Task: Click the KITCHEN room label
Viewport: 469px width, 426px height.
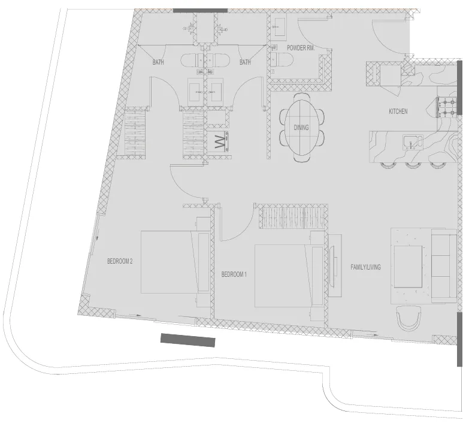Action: click(x=398, y=111)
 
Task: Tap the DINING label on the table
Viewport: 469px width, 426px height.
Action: click(x=301, y=128)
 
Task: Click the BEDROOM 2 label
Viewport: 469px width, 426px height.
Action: click(x=119, y=261)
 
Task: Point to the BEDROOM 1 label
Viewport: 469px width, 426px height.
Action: click(x=234, y=274)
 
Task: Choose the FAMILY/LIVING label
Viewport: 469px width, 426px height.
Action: click(x=365, y=267)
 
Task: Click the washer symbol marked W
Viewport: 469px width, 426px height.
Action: click(x=219, y=143)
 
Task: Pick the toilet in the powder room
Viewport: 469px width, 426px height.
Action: click(x=280, y=59)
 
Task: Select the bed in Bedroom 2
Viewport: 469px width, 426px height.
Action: click(x=169, y=262)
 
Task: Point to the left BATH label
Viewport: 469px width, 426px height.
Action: click(x=158, y=62)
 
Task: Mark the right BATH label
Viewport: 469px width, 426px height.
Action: click(x=245, y=62)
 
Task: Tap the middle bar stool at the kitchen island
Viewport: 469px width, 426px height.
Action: click(x=411, y=164)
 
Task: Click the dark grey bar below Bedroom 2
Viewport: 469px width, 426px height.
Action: click(x=187, y=340)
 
